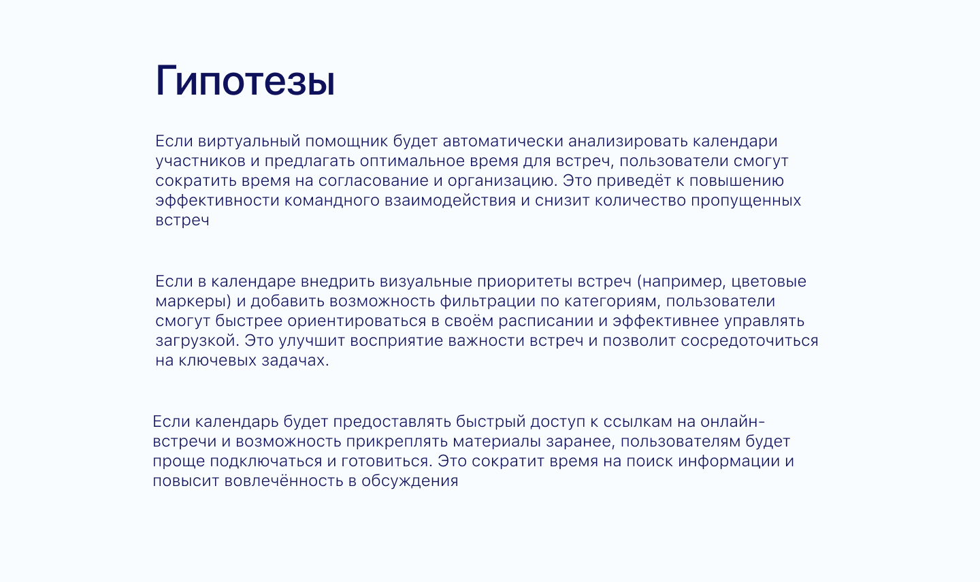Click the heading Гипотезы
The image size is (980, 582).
click(245, 81)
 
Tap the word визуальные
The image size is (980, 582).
click(425, 282)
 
